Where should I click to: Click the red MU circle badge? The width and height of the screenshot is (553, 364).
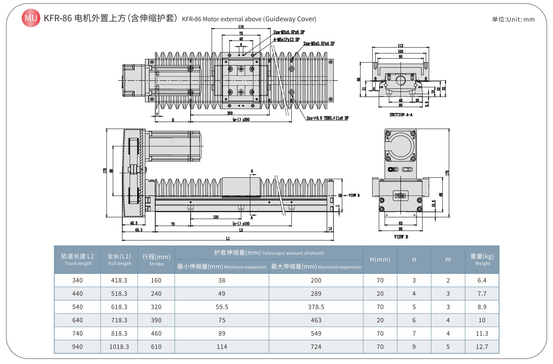pos(31,18)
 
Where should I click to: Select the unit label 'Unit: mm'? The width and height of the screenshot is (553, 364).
pos(513,19)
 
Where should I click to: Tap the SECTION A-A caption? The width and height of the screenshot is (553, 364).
pos(401,115)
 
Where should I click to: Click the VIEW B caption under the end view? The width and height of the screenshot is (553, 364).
pos(401,237)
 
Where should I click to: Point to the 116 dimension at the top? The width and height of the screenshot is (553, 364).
pos(241,27)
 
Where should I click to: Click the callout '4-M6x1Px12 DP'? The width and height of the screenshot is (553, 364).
pos(286,40)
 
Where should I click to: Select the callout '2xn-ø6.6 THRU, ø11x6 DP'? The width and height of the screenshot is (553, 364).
pos(327,118)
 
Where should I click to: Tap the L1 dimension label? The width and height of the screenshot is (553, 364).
pos(228,238)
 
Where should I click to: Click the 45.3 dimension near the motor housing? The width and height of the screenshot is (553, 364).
pos(134,223)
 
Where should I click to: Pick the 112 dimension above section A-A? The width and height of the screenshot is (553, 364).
pos(400,45)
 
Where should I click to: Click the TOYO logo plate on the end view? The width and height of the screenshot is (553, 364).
pos(400,195)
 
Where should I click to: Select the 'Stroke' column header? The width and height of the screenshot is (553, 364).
pos(156,260)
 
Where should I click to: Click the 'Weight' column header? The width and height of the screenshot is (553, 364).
pos(482,260)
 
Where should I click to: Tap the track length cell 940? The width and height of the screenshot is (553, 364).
pos(78,347)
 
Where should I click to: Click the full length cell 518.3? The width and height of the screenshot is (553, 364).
pos(119,294)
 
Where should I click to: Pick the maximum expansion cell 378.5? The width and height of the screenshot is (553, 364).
pos(316,307)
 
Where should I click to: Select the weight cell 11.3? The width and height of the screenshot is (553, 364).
pos(482,333)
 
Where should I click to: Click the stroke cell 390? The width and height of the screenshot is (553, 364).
pos(156,320)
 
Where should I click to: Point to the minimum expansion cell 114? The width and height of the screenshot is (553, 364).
pos(222,347)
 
